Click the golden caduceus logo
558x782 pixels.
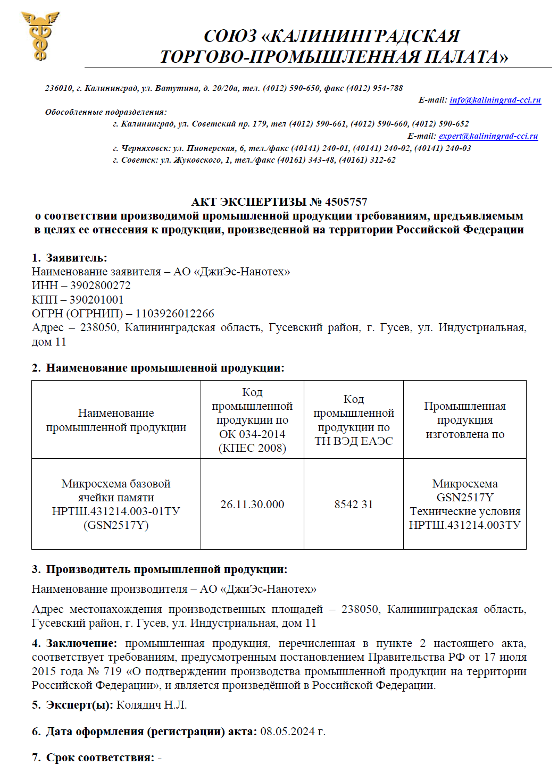pyautogui.click(x=40, y=36)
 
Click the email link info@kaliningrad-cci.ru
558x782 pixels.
pyautogui.click(x=495, y=100)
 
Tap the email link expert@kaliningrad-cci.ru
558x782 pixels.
pyautogui.click(x=488, y=136)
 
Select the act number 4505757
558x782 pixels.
pyautogui.click(x=346, y=202)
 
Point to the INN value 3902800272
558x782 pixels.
pyautogui.click(x=101, y=285)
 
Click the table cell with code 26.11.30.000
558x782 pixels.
pyautogui.click(x=252, y=504)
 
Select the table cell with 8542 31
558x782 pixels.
pyautogui.click(x=354, y=504)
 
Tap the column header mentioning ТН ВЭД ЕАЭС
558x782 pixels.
pyautogui.click(x=354, y=420)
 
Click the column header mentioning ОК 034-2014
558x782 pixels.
pyautogui.click(x=252, y=420)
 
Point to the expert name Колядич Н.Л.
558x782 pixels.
pyautogui.click(x=152, y=705)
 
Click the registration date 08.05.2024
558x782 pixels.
pyautogui.click(x=288, y=731)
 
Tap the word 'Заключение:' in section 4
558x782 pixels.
pyautogui.click(x=81, y=643)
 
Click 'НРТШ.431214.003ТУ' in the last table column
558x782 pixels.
pyautogui.click(x=465, y=525)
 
